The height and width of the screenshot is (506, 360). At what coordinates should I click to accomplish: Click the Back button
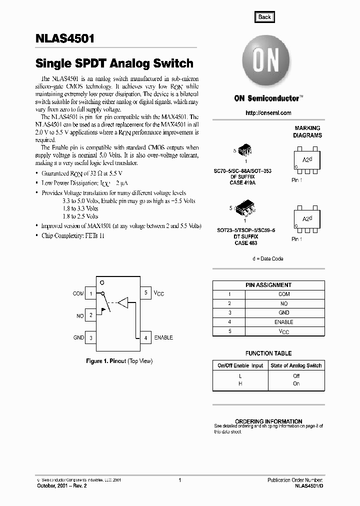264,17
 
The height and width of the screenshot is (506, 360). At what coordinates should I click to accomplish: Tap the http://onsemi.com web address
268,113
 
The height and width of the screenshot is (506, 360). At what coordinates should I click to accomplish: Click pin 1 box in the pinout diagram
91,293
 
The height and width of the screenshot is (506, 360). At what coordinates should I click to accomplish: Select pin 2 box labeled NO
91,315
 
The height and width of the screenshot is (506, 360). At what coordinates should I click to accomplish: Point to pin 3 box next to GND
91,338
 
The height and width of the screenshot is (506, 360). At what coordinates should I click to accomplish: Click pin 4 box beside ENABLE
145,338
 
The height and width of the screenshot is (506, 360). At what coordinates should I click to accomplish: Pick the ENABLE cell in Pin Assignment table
284,322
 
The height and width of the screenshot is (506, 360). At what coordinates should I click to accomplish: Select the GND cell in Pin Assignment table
284,313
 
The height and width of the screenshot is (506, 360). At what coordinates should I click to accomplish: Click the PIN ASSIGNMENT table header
268,285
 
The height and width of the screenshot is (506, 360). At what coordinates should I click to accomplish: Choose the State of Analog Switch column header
296,365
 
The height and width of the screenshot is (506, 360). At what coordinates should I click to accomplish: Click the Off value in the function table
296,375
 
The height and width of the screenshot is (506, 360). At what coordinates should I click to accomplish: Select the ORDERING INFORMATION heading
268,421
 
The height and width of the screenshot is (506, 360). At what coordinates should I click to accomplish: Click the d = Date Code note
268,258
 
